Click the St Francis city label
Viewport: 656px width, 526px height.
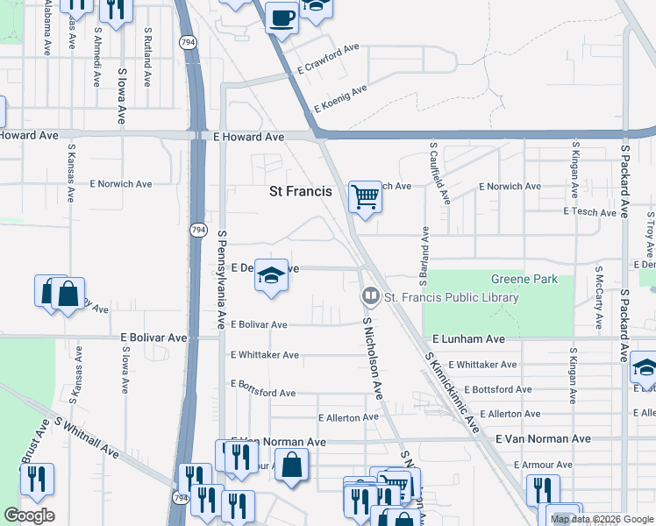click(x=300, y=191)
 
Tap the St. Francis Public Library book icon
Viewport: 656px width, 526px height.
click(x=370, y=297)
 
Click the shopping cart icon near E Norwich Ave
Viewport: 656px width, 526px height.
click(x=365, y=196)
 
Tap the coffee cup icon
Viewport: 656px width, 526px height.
click(x=282, y=17)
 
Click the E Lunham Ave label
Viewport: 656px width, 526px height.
click(x=468, y=338)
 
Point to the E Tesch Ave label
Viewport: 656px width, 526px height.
click(x=591, y=212)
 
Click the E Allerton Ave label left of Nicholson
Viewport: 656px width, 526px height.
click(x=348, y=418)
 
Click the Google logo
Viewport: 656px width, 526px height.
click(x=29, y=515)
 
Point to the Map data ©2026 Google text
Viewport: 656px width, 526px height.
click(x=601, y=519)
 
